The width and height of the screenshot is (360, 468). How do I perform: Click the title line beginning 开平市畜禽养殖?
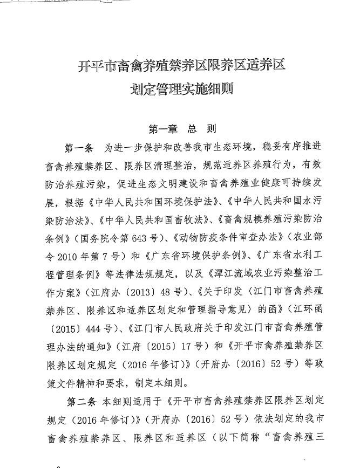pos(181,67)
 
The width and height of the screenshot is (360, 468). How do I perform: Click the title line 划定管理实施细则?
pos(181,89)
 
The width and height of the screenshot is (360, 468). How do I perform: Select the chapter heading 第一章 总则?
pos(182,129)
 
